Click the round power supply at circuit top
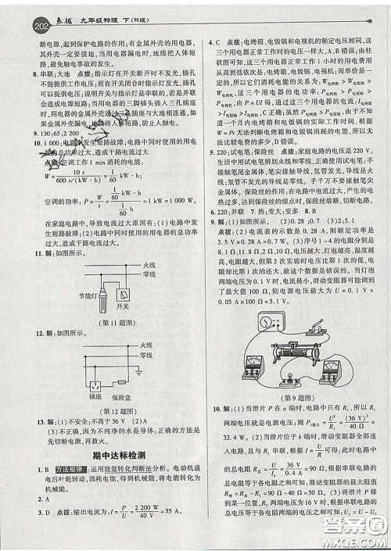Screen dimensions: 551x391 (x=272, y=322)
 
